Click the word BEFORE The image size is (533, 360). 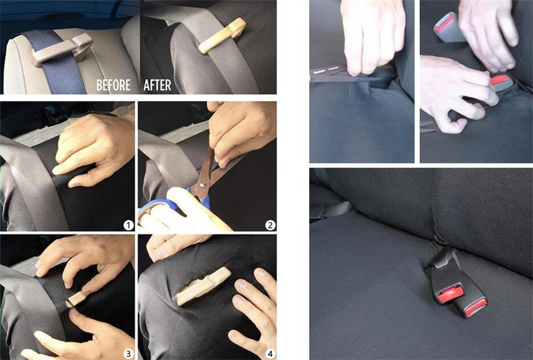tap(113, 85)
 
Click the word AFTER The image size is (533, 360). tap(157, 85)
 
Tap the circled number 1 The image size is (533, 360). tap(128, 225)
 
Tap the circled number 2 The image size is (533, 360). tap(270, 225)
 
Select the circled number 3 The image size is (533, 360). tap(128, 353)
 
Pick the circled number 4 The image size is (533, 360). tap(270, 353)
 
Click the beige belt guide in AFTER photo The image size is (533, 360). tap(222, 35)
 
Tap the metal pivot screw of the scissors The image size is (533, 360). tap(203, 185)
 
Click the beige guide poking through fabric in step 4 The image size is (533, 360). tap(203, 286)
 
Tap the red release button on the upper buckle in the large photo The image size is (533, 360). tap(451, 294)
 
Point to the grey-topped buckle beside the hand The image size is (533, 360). tap(447, 27)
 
